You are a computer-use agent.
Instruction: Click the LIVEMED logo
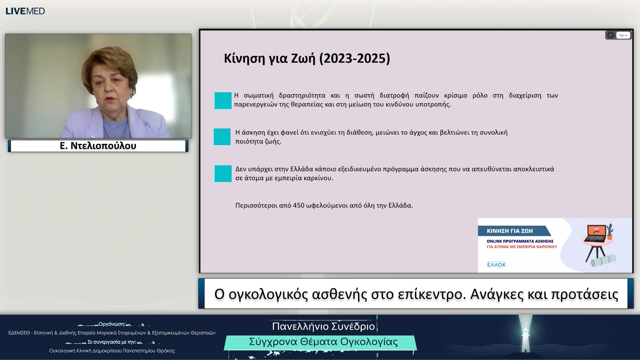pyautogui.click(x=25, y=11)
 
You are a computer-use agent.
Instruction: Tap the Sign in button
pyautogui.click(x=623, y=35)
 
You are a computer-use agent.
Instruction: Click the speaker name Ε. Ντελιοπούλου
pyautogui.click(x=98, y=146)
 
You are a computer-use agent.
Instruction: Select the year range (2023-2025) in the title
pyautogui.click(x=354, y=58)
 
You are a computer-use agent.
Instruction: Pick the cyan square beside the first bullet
pyautogui.click(x=223, y=100)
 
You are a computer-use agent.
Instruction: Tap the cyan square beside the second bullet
pyautogui.click(x=222, y=137)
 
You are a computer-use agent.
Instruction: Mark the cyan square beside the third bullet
pyautogui.click(x=223, y=173)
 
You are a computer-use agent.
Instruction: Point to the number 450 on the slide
pyautogui.click(x=298, y=205)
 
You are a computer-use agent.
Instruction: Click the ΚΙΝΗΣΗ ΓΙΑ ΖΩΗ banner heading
pyautogui.click(x=510, y=231)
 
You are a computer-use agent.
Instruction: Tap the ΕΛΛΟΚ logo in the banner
pyautogui.click(x=496, y=265)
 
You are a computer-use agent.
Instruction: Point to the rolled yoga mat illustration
pyautogui.click(x=604, y=260)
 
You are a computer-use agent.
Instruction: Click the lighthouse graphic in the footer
pyautogui.click(x=525, y=337)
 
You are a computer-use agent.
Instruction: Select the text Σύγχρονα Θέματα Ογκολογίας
pyautogui.click(x=323, y=342)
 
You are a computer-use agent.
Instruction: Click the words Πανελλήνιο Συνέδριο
pyautogui.click(x=323, y=326)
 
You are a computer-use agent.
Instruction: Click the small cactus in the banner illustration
pyautogui.click(x=610, y=232)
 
